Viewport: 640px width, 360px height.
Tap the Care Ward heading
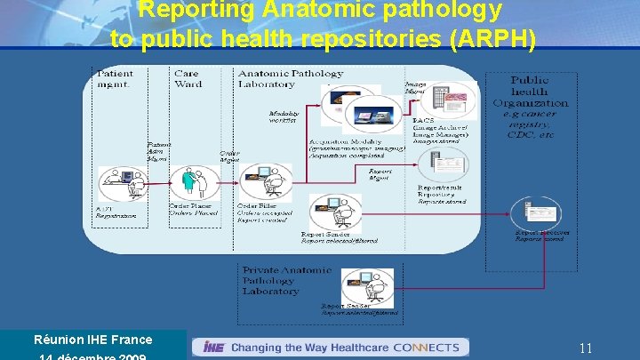pyautogui.click(x=188, y=78)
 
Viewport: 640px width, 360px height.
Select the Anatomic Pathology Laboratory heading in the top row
pyautogui.click(x=290, y=78)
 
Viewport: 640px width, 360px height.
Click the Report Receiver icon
pyautogui.click(x=536, y=213)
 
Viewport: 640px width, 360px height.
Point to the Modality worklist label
pyautogui.click(x=284, y=116)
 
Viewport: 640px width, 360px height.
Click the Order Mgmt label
pyautogui.click(x=229, y=156)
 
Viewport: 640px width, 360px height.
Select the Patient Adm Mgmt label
pyautogui.click(x=159, y=151)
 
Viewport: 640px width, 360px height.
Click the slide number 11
pyautogui.click(x=585, y=348)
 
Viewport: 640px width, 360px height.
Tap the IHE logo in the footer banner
pyautogui.click(x=213, y=347)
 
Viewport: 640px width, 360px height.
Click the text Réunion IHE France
pyautogui.click(x=92, y=340)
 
